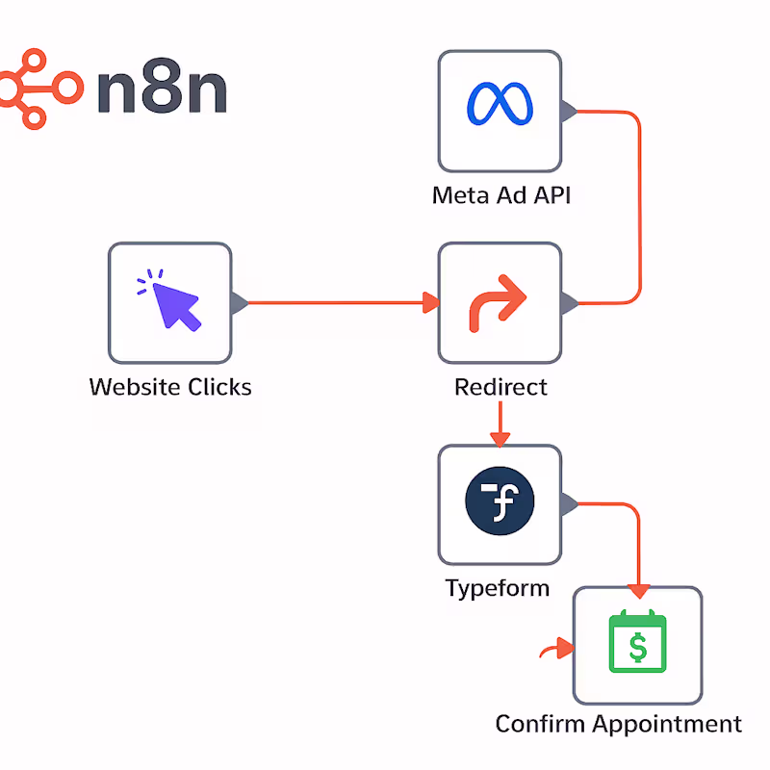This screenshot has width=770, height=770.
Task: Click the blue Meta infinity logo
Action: (x=500, y=104)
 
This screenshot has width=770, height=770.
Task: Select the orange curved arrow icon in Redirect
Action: (x=499, y=300)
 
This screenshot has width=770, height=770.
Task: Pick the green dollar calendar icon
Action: (x=637, y=643)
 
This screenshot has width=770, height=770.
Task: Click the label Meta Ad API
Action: (x=501, y=196)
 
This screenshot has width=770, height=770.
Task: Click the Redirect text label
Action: (x=500, y=387)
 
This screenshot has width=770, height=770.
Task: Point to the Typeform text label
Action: (x=498, y=588)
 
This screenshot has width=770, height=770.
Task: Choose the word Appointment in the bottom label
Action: (x=667, y=725)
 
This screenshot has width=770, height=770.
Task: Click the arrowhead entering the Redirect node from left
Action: (x=430, y=303)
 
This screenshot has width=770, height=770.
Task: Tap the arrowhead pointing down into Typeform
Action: (x=499, y=439)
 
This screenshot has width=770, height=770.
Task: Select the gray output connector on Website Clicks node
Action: (x=240, y=302)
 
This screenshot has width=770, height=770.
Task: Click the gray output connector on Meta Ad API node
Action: (x=569, y=111)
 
